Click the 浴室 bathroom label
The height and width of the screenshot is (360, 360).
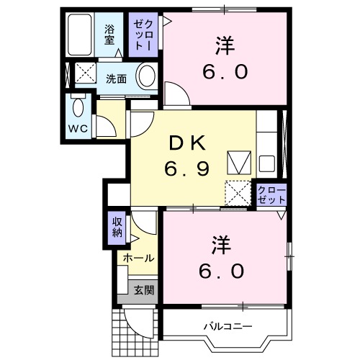109,34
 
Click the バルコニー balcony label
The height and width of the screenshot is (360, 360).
227,326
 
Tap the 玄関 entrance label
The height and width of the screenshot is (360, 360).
143,290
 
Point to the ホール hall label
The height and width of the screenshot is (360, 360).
137,257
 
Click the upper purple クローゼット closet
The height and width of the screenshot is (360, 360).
141,34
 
